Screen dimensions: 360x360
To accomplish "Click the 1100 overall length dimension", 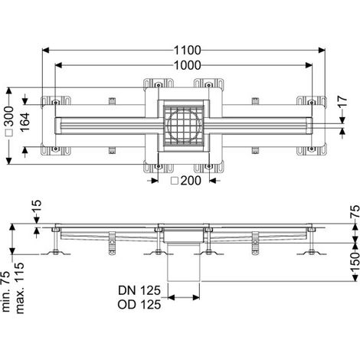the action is (x=187, y=51).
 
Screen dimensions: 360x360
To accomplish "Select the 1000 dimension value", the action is (x=187, y=65).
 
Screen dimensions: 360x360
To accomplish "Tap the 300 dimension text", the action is (x=10, y=116).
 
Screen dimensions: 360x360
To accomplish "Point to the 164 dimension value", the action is (x=25, y=123).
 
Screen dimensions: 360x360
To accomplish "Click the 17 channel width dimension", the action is (x=343, y=101).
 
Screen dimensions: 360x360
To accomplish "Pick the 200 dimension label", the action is (x=191, y=181).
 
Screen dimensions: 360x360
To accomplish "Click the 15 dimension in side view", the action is (x=37, y=207).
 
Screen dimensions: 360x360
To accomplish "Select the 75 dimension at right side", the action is (x=355, y=211).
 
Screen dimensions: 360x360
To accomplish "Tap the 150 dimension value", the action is (x=355, y=262).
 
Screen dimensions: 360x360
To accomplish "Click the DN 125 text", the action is (x=139, y=290).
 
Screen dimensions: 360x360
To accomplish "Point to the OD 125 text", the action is (x=139, y=304).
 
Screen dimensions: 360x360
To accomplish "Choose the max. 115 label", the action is (x=19, y=288).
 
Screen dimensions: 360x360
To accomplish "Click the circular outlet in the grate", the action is (x=183, y=126).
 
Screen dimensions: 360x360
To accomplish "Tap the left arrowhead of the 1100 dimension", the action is (x=45, y=51).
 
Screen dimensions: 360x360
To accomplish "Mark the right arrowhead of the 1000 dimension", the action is (x=309, y=65).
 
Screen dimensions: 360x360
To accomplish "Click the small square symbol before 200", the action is (x=175, y=181).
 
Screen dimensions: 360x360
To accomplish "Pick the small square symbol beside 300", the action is (x=10, y=133).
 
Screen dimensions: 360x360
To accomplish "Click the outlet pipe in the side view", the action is (x=183, y=262).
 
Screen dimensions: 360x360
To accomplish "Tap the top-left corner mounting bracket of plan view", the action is (x=56, y=101).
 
